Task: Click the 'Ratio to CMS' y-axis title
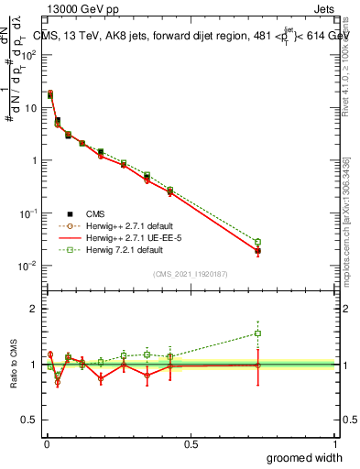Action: (x=14, y=365)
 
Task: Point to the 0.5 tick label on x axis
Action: (x=190, y=443)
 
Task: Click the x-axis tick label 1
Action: (x=335, y=443)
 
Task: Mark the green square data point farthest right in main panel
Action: (x=257, y=242)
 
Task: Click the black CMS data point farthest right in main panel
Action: (x=257, y=250)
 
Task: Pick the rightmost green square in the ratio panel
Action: (x=257, y=333)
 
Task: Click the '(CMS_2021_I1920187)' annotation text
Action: (x=189, y=273)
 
